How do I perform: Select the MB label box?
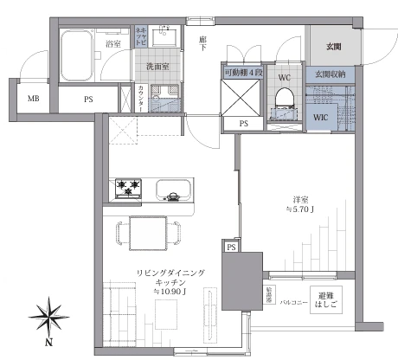click(33, 99)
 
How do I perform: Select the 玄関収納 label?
click(333, 75)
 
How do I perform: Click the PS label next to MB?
click(88, 99)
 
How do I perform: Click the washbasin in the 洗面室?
click(163, 37)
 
